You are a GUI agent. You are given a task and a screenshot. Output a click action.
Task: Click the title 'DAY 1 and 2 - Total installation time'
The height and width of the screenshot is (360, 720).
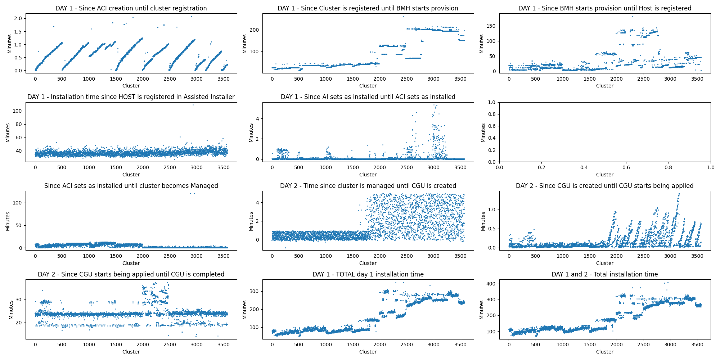click(x=604, y=274)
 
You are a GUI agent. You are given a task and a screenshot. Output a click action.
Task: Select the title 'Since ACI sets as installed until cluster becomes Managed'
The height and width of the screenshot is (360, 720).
click(x=131, y=186)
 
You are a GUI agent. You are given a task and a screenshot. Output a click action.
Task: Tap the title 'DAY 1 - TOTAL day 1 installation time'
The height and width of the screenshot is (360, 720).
click(x=368, y=274)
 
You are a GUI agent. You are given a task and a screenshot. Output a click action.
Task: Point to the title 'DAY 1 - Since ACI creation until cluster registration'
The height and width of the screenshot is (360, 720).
click(x=131, y=8)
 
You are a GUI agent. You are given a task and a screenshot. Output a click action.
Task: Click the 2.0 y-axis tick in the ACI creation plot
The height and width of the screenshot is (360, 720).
click(x=18, y=18)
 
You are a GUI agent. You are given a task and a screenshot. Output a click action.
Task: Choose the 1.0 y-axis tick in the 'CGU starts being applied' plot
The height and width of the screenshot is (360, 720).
click(x=491, y=210)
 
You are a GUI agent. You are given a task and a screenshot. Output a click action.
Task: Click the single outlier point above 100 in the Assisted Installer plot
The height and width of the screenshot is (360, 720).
click(x=193, y=105)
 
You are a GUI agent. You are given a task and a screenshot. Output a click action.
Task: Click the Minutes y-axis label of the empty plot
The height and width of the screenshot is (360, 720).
click(x=483, y=132)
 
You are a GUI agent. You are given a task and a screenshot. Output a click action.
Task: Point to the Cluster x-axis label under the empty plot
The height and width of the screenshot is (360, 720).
click(x=604, y=175)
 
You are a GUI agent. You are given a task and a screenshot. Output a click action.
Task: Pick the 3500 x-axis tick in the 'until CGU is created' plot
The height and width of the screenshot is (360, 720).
click(x=460, y=256)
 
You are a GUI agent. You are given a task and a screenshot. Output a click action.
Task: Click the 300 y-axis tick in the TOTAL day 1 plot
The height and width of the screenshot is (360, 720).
click(x=254, y=291)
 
